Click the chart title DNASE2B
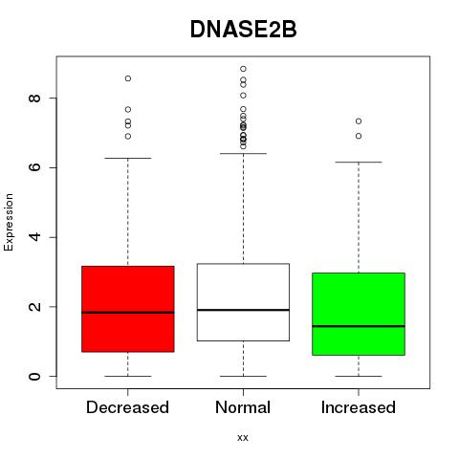coord(243,30)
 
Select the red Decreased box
coord(128,309)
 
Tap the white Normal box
coord(243,302)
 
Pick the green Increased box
coord(359,314)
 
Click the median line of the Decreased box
coord(128,313)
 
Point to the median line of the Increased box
coord(359,326)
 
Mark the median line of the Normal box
coord(243,310)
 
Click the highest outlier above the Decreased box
coord(128,78)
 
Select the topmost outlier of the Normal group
coord(243,69)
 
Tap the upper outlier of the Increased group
coord(359,121)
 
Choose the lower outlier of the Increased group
coord(359,136)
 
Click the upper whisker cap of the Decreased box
coord(128,158)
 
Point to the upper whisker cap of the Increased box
coord(359,163)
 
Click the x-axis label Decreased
coord(127,407)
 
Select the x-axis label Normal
coord(243,407)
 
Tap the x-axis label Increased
coord(359,407)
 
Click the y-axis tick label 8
coord(34,98)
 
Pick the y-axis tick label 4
coord(34,237)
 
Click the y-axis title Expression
coord(9,222)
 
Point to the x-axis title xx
coord(243,438)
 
